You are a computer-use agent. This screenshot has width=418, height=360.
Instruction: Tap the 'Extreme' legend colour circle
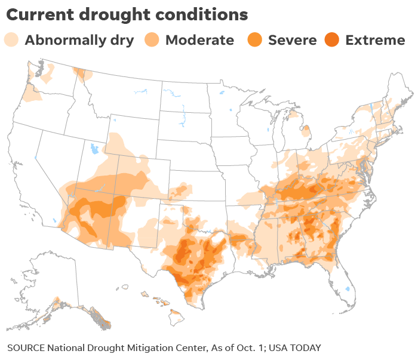[331, 40]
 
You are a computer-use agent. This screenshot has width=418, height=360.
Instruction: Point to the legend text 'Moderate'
[199, 41]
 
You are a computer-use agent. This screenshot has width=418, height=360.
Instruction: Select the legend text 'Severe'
[293, 41]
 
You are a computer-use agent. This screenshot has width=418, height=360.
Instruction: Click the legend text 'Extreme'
[375, 41]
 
